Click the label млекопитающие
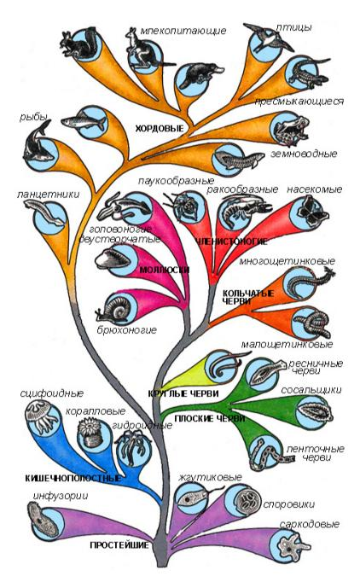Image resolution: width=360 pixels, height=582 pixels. (x=183, y=31)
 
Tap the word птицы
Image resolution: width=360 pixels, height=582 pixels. (x=293, y=28)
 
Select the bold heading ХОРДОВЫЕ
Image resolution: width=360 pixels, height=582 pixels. (x=160, y=128)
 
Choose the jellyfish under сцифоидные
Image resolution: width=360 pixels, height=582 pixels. (x=40, y=416)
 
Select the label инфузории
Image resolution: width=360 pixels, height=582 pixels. (x=61, y=496)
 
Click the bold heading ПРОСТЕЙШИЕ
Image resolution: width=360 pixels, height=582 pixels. (x=119, y=545)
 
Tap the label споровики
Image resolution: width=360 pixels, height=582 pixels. (x=288, y=504)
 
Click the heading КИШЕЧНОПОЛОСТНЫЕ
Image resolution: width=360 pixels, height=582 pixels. (x=73, y=478)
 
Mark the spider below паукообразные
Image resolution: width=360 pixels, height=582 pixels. (x=184, y=206)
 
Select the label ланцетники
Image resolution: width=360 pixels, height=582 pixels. (x=48, y=195)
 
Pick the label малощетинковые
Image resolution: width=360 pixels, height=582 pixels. (x=287, y=345)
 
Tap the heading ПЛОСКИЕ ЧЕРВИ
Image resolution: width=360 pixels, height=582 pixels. (x=209, y=419)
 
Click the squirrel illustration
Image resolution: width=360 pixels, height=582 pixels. (x=80, y=44)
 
